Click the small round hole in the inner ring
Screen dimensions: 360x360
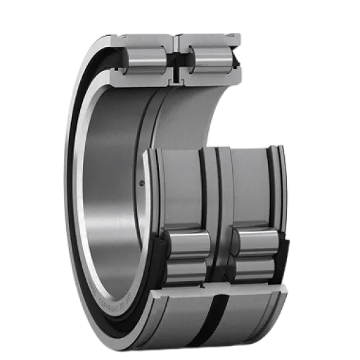coord(142,184)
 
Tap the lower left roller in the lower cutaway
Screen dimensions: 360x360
coord(186,269)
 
